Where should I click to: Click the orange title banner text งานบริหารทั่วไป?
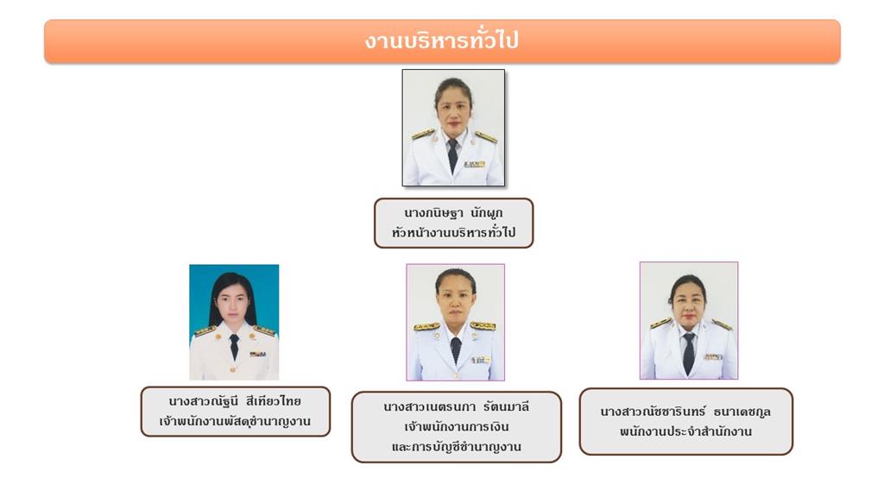(441, 41)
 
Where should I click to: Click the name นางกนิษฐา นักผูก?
(453, 213)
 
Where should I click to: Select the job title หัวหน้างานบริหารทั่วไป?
(453, 232)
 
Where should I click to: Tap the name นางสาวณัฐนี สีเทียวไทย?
(235, 401)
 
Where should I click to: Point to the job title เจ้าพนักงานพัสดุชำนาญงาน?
(235, 421)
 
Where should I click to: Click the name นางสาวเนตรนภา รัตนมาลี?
(456, 407)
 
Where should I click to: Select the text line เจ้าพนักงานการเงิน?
(456, 426)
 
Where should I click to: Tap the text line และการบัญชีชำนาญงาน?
(456, 447)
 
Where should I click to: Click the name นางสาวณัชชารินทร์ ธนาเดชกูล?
(685, 412)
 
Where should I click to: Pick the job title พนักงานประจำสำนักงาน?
(685, 431)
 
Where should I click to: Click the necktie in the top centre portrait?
(452, 155)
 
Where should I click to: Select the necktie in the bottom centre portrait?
(456, 349)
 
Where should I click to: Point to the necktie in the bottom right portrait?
(688, 353)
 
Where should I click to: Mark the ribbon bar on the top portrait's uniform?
(474, 165)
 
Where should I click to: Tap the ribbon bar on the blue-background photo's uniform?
(257, 354)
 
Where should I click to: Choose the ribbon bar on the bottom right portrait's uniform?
(713, 356)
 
